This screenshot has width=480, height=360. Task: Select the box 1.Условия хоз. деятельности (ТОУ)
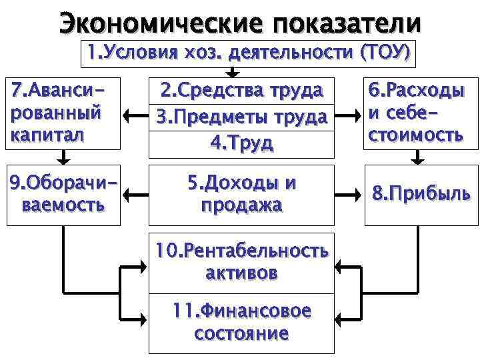tap(248, 51)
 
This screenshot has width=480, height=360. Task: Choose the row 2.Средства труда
tap(239, 91)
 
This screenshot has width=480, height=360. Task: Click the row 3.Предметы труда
tap(239, 117)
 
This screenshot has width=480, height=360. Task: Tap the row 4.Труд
tap(239, 143)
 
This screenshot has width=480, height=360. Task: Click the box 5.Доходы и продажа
tap(239, 194)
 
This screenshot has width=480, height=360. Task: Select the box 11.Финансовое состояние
tap(239, 323)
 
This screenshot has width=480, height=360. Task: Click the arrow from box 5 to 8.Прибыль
tap(347, 195)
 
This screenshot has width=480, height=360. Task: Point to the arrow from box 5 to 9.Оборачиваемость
tap(137, 195)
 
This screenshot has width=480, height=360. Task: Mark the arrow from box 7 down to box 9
tap(63, 157)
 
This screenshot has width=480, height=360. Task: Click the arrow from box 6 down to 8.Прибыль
tap(418, 157)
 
